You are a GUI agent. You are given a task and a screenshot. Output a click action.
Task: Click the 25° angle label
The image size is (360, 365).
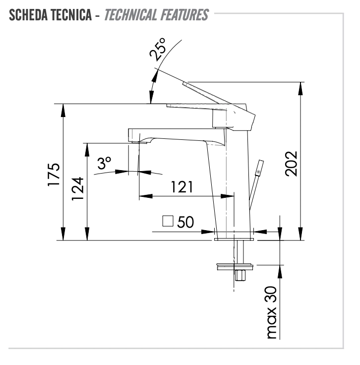click(x=158, y=50)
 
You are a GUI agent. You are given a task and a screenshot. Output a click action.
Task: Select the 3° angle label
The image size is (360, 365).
click(x=104, y=163)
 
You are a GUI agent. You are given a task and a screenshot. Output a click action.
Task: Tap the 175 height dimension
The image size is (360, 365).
click(x=54, y=175)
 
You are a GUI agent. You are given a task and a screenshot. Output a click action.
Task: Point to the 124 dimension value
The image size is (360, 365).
click(x=77, y=188)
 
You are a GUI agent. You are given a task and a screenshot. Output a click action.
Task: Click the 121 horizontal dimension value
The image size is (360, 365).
click(x=182, y=186)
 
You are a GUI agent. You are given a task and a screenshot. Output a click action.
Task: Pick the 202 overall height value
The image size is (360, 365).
click(x=291, y=164)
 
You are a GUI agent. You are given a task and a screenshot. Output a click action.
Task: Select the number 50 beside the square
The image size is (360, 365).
click(x=185, y=222)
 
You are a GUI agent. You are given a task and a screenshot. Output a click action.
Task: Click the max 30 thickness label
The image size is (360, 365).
click(x=271, y=312)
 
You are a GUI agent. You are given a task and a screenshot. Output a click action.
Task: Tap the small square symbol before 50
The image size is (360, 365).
click(x=168, y=221)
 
